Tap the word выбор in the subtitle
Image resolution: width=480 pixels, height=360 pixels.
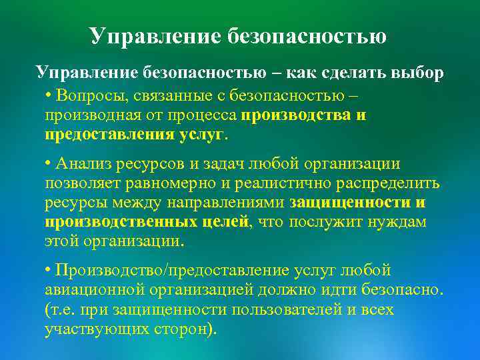411,73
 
